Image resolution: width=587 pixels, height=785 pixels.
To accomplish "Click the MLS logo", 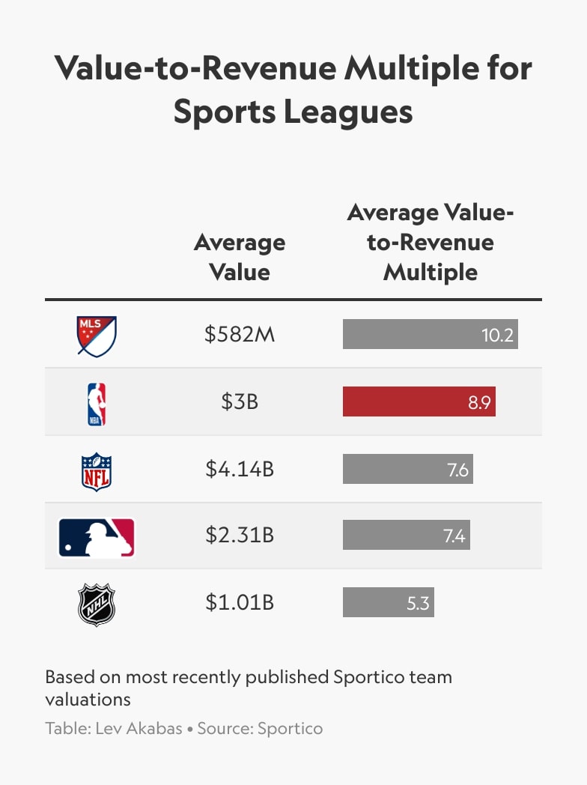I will point(97,336).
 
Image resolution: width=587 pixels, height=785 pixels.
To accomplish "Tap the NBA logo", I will point(97,404).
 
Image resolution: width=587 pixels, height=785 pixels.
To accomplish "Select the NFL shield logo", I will point(97,471).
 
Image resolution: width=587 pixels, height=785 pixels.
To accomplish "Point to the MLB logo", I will point(97,537).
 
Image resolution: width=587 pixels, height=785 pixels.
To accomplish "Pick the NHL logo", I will point(97,604).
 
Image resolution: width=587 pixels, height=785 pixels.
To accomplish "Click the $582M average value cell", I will point(240,335).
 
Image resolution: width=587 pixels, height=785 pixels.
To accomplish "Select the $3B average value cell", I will point(240,402).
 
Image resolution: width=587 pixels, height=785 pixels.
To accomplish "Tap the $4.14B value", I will point(240,470).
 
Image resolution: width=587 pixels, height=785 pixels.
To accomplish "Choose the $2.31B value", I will point(240,536).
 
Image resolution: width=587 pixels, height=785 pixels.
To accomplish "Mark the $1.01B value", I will point(240,602).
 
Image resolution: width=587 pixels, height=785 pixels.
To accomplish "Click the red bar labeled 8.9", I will point(419,402).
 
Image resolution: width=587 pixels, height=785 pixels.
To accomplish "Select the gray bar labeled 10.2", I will point(430,335).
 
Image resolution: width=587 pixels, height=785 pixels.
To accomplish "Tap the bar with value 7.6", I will point(407,470).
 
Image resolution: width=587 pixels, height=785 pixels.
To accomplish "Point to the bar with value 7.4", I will point(406,536).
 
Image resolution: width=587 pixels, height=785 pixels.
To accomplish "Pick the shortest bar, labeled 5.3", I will point(388,602).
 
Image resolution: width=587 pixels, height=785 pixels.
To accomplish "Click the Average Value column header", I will point(240,257).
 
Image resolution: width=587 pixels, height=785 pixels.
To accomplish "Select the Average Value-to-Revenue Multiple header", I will point(431,243).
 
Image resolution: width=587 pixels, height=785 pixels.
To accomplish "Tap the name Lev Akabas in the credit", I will point(139,728).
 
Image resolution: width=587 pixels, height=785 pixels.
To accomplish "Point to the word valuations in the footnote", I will point(88,700).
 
